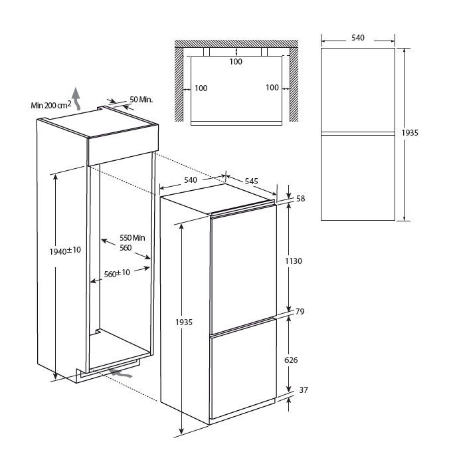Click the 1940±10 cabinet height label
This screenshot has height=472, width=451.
65,251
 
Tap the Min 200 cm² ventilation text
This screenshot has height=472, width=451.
51,105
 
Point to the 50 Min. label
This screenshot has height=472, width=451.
141,99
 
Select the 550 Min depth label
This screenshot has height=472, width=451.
132,238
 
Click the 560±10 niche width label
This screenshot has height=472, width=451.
117,273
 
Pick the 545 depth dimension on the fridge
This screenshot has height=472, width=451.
251,181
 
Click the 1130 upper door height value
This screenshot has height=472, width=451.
294,261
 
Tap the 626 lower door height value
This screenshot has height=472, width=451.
291,360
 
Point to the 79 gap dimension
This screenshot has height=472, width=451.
300,311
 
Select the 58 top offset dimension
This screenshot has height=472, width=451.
301,198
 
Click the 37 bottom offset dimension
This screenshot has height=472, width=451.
304,390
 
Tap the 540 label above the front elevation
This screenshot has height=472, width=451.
358,38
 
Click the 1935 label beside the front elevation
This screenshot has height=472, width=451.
410,133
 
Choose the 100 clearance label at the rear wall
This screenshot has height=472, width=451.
236,61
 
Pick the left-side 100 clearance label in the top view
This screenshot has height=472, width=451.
201,88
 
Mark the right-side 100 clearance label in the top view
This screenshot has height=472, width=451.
272,87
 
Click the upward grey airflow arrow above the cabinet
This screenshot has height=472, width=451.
77,99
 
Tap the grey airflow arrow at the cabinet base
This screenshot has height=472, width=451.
120,373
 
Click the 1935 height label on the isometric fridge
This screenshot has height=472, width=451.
184,322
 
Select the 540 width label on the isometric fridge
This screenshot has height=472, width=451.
191,179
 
